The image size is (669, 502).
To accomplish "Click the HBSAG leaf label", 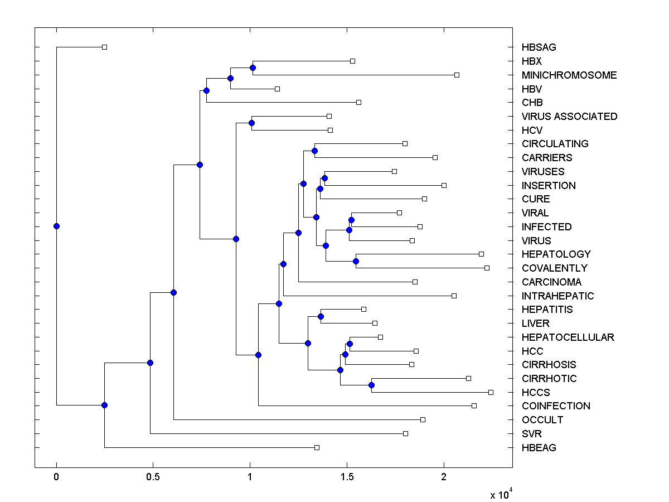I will click(x=539, y=47).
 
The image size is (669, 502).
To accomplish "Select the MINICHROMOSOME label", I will click(x=569, y=75).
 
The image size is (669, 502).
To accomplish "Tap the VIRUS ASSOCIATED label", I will click(x=569, y=117).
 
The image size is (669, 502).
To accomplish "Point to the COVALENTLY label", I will click(x=554, y=268).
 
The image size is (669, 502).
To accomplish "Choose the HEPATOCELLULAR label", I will click(x=568, y=337).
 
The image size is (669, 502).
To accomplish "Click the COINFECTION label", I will click(x=556, y=406).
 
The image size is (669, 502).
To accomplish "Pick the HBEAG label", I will click(x=539, y=447).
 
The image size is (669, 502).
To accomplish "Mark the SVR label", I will click(x=532, y=433).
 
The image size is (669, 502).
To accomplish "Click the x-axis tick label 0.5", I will click(x=153, y=477).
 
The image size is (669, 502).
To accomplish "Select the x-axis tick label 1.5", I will click(x=347, y=477).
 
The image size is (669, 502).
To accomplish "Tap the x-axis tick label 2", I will click(x=444, y=477).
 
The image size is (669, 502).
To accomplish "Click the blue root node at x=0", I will click(x=56, y=226).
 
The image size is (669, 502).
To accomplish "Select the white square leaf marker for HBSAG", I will click(x=104, y=47).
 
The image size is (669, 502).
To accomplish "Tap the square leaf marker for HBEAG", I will click(x=317, y=447).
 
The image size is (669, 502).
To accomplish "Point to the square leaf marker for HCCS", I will click(x=491, y=392).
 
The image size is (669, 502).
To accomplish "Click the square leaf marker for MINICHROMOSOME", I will click(x=457, y=75).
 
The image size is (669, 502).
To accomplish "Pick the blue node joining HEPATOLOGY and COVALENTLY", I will click(x=356, y=261).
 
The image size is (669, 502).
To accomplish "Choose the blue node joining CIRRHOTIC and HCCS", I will click(x=371, y=385).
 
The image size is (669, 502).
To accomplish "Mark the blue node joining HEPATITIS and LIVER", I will click(x=321, y=316).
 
